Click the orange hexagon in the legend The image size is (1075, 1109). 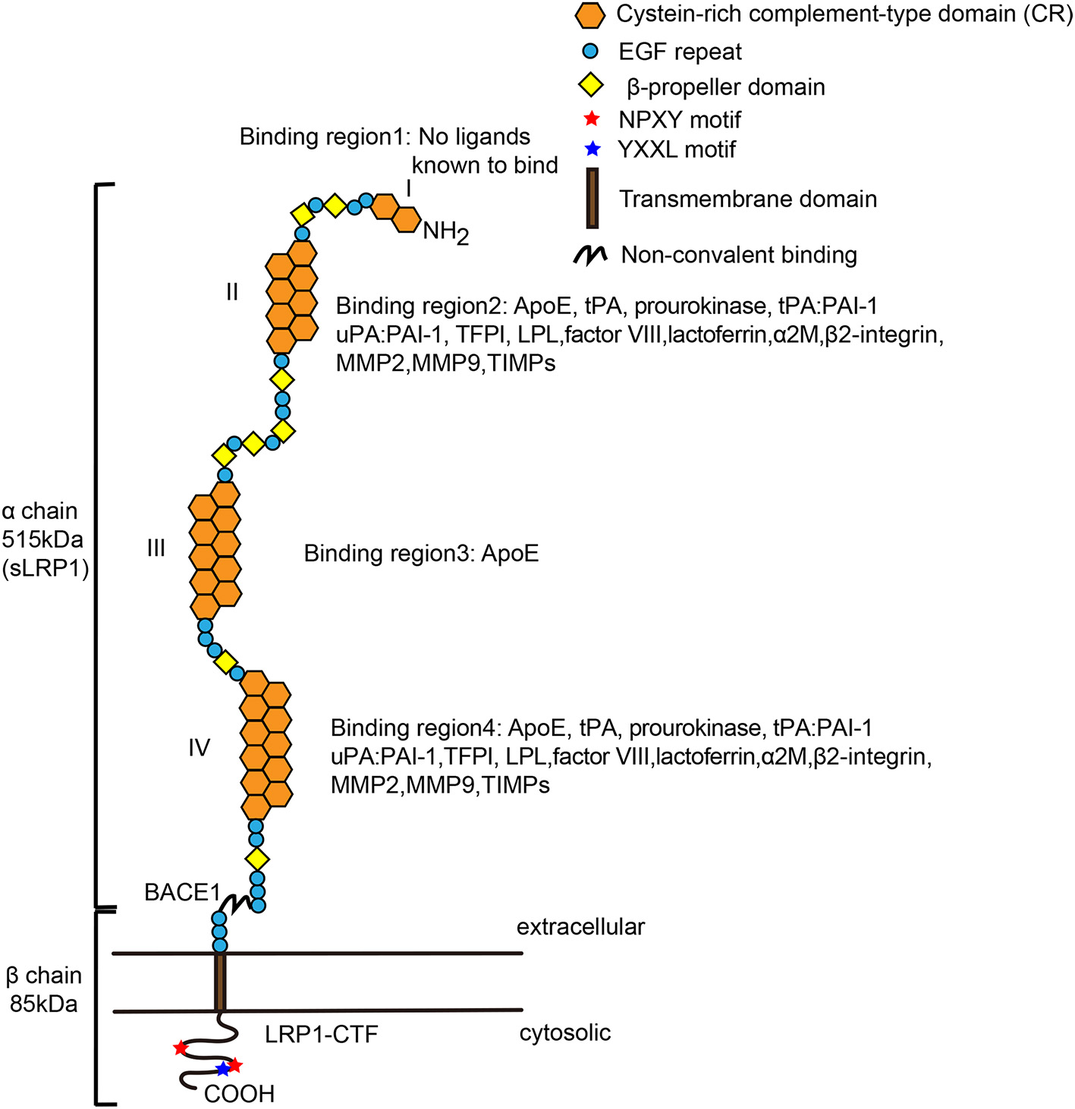pos(591,15)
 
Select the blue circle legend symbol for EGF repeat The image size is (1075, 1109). pos(590,52)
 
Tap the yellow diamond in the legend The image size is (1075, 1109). pos(590,86)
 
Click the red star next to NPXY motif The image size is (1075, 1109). pos(593,119)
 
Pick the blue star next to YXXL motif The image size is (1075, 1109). pos(593,149)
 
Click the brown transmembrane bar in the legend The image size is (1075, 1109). pos(592,198)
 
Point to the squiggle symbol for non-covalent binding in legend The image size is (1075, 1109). pos(590,256)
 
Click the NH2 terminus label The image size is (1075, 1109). pos(445,231)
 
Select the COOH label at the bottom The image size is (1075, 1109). pos(239,1094)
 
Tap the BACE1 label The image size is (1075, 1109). pos(182,893)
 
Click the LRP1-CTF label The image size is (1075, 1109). pos(321,1034)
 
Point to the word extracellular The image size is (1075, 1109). pos(580,927)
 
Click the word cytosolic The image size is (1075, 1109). pos(565,1033)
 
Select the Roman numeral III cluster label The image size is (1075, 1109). pos(156,548)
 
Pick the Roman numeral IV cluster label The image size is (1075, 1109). pos(199,748)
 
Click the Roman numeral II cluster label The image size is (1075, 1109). pos(232,291)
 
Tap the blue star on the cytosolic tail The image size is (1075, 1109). pos(222,1070)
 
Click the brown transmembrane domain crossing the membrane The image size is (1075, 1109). pos(220,982)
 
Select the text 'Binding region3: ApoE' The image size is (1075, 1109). pos(421,554)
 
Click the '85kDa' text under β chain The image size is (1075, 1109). pos(44,1004)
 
